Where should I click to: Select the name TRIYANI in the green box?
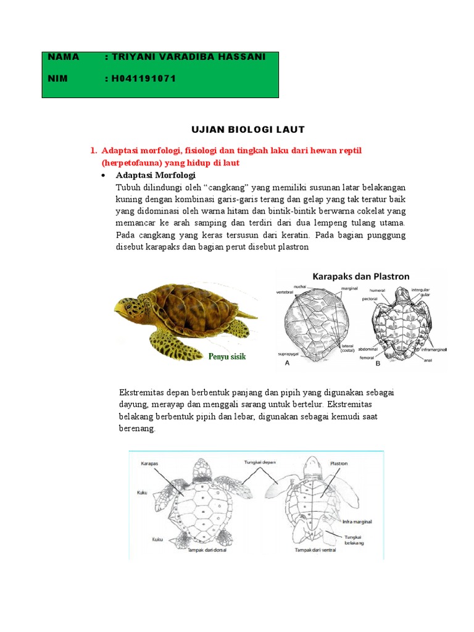135,57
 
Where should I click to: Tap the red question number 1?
93,151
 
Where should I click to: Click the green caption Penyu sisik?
227,356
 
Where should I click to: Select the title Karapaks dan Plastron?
361,276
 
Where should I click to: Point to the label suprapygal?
286,355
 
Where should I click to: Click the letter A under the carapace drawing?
286,364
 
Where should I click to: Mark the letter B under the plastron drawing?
378,364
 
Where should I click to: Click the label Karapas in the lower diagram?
151,462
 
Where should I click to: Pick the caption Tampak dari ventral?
315,549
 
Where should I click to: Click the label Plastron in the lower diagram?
339,462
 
